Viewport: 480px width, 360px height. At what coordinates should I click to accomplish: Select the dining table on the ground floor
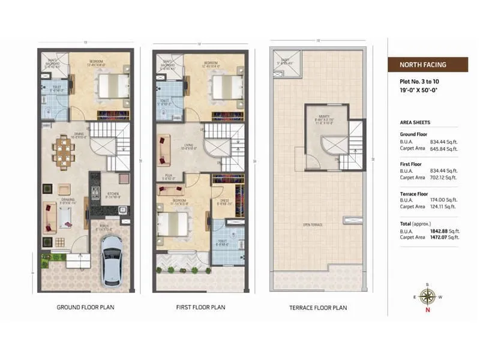63,151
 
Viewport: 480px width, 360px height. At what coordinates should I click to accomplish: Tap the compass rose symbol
427,296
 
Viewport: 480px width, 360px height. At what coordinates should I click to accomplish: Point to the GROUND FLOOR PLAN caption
85,308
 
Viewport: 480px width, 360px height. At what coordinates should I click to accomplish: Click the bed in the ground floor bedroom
112,85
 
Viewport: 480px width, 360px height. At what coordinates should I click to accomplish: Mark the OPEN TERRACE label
315,225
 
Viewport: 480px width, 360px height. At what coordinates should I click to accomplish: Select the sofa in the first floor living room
163,149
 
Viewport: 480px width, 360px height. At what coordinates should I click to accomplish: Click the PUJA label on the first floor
169,176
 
